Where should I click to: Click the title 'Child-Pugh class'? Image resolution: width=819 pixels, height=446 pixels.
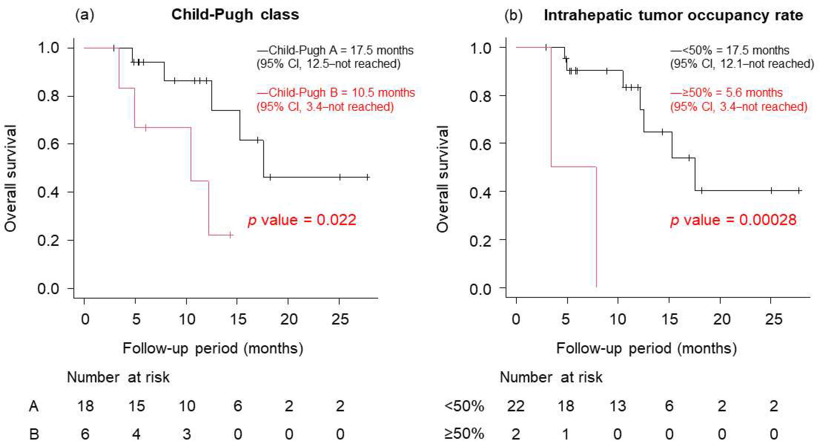click(x=235, y=15)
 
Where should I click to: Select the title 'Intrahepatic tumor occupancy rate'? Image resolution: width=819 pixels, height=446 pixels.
click(x=673, y=15)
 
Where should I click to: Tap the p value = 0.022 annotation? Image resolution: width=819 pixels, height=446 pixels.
click(x=302, y=220)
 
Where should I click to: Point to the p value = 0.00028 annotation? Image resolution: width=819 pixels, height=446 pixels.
click(x=733, y=220)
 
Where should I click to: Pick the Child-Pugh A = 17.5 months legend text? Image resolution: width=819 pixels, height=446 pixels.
click(x=335, y=50)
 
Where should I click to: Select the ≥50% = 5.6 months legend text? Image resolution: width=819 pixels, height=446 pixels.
click(x=726, y=93)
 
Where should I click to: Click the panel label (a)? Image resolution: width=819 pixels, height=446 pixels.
click(x=85, y=15)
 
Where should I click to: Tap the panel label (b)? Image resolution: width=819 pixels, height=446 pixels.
click(x=513, y=15)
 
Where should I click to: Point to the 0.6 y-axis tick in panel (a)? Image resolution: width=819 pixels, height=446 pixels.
click(x=48, y=144)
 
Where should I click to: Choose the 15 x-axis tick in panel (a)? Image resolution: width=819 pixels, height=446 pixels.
click(x=238, y=319)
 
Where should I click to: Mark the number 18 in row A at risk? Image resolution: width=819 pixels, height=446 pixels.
click(x=85, y=406)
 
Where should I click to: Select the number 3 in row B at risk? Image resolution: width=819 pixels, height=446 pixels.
click(x=187, y=434)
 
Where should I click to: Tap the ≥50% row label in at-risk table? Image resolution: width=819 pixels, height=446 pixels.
click(x=464, y=434)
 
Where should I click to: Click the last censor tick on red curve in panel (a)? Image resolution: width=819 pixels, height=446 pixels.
click(x=231, y=235)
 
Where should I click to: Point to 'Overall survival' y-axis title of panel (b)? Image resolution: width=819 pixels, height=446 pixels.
click(x=443, y=179)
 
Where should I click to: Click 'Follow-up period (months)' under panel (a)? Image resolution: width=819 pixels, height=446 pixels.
click(x=213, y=348)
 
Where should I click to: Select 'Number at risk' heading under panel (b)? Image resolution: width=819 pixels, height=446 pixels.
click(x=551, y=377)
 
